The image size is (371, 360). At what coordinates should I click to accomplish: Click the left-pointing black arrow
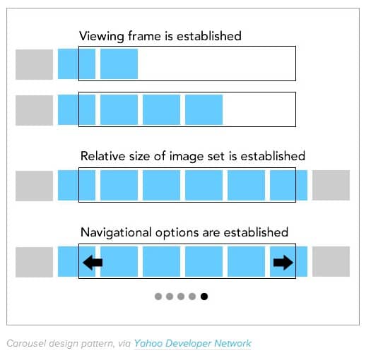[93, 263]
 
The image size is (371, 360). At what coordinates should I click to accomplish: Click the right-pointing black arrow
[283, 263]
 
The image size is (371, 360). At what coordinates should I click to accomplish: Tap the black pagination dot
[204, 296]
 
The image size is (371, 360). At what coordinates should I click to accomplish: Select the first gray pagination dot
[158, 296]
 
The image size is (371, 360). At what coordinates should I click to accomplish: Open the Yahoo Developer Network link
[193, 344]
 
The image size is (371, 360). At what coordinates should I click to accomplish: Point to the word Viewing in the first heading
[102, 37]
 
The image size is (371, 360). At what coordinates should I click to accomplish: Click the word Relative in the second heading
[103, 156]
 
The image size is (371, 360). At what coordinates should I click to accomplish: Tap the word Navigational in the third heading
[116, 233]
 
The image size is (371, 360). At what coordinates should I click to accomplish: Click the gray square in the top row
[35, 64]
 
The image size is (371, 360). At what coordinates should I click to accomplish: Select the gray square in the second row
[35, 110]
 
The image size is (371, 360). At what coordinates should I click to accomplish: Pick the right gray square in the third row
[331, 186]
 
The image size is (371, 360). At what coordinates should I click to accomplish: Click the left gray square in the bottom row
[35, 262]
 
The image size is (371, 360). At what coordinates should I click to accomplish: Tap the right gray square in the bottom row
[331, 261]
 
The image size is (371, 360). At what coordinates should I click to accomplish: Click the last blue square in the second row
[204, 109]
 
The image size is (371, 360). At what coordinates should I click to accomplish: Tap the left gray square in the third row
[35, 186]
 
